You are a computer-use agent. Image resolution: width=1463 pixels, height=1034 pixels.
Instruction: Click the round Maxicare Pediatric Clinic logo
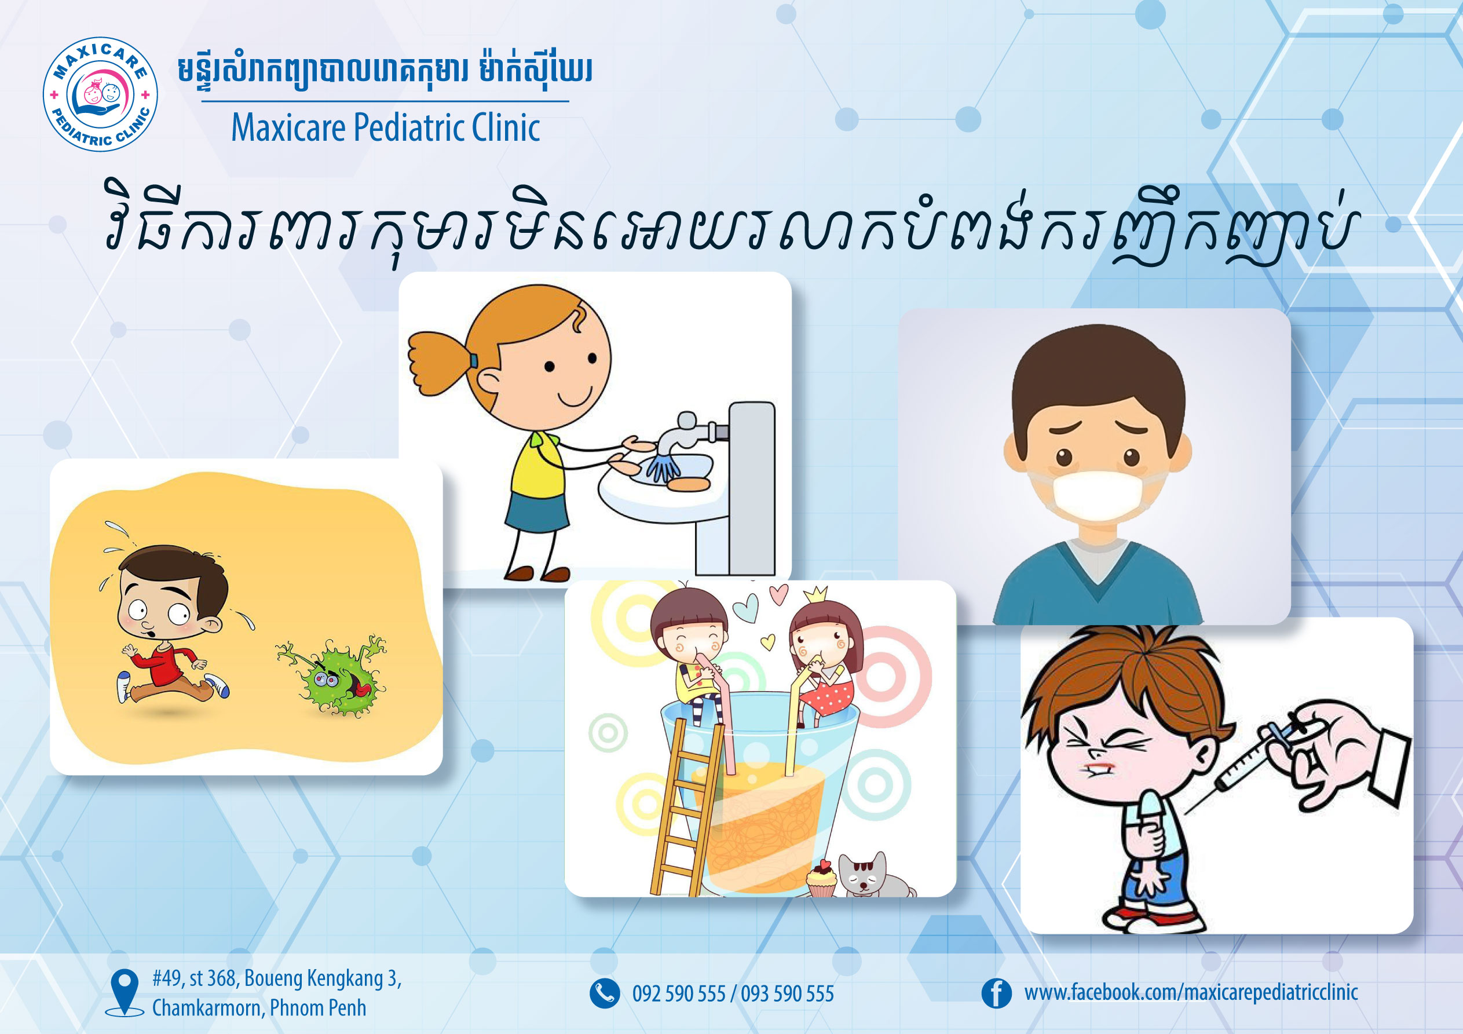[100, 94]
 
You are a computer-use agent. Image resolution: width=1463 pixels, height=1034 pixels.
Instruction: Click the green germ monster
[332, 677]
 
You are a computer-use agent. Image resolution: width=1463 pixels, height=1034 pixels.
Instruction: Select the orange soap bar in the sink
[688, 484]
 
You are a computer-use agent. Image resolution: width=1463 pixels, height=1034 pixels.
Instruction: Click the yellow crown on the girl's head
[815, 594]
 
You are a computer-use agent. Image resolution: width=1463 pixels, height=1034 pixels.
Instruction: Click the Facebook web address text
[1191, 992]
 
